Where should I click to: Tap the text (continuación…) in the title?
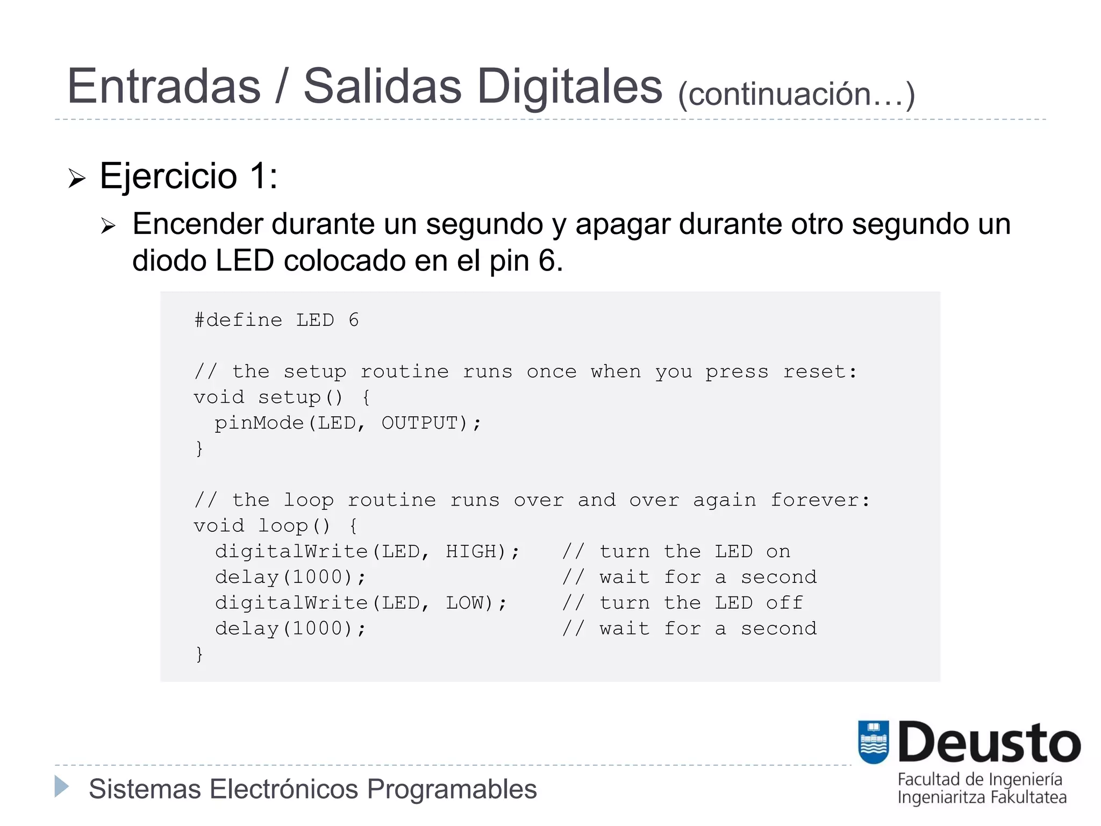point(796,95)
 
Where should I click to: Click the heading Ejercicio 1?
point(189,176)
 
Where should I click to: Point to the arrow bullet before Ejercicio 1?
point(77,178)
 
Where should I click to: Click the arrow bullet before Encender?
point(108,226)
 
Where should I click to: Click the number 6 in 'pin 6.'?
point(547,261)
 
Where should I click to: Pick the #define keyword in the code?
point(238,321)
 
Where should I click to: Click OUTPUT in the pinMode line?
point(419,423)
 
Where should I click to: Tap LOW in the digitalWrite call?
point(465,603)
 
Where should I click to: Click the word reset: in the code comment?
point(819,372)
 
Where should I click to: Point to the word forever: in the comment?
point(820,500)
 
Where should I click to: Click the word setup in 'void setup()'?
point(289,397)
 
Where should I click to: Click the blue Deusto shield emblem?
point(874,742)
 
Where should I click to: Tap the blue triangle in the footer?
point(62,787)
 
